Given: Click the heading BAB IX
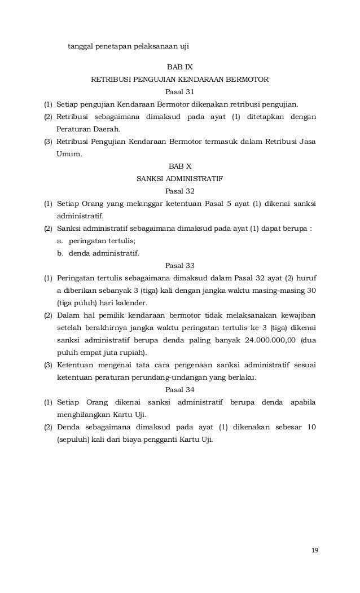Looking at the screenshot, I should (180, 67).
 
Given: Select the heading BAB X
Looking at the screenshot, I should (180, 167).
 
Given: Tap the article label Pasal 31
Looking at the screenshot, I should (180, 92).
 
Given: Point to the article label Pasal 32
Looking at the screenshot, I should (180, 191).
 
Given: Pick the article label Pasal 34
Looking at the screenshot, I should (180, 390).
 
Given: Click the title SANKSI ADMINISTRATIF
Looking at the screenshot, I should (180, 179).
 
